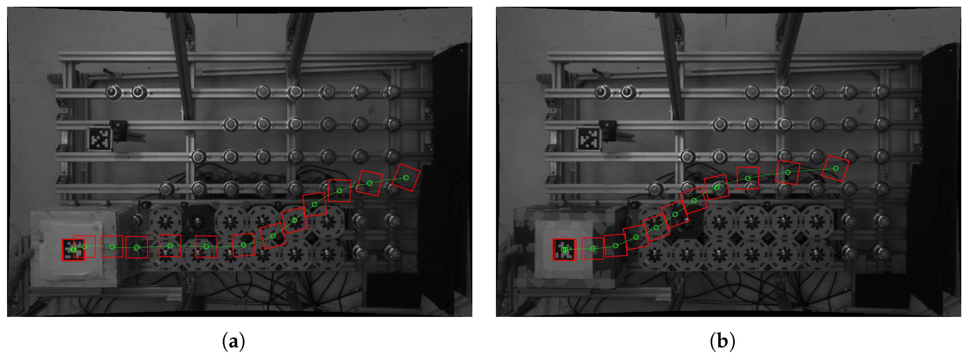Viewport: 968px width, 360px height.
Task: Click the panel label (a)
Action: [x=233, y=341]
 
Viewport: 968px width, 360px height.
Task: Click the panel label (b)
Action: [x=722, y=341]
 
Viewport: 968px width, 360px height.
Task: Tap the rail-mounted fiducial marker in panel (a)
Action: [x=100, y=139]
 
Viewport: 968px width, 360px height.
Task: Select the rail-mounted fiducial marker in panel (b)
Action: [x=589, y=139]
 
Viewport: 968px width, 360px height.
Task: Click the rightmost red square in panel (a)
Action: [x=406, y=178]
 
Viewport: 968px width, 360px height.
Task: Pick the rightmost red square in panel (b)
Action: [x=835, y=168]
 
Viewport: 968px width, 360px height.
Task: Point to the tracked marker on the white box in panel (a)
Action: [x=73, y=250]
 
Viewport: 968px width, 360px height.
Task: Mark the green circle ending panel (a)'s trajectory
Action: [x=406, y=178]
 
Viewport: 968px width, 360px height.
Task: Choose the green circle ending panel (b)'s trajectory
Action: [x=835, y=168]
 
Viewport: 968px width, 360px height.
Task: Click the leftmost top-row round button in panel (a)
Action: [x=113, y=92]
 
